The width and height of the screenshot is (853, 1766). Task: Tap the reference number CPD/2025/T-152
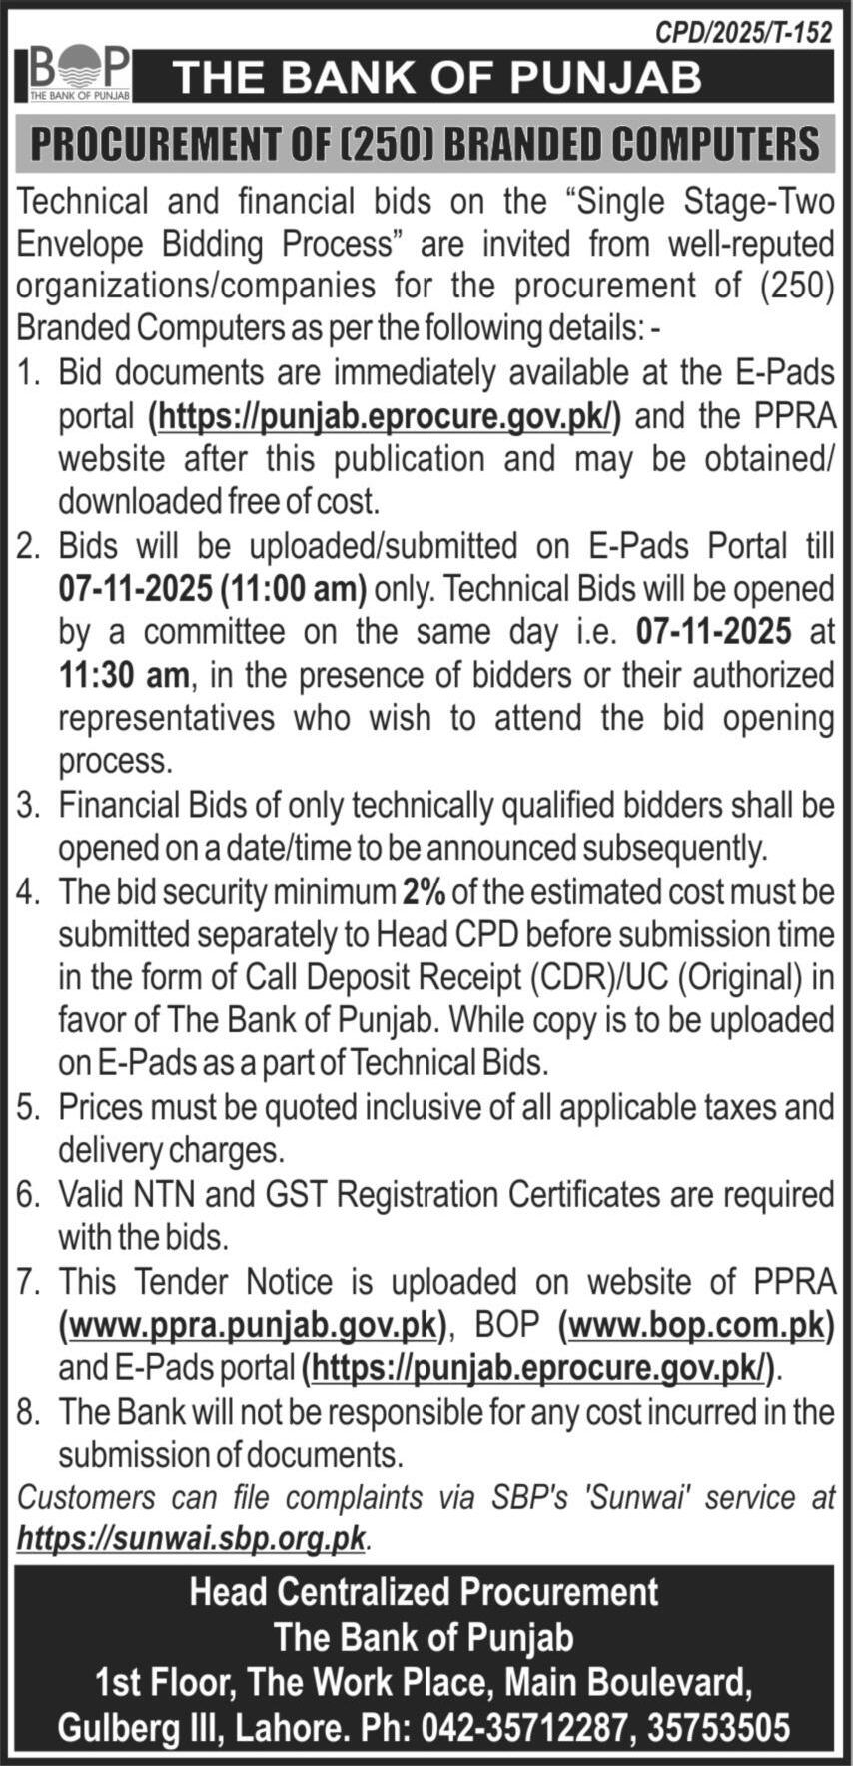[743, 33]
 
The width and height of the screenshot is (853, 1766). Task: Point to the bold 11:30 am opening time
[123, 675]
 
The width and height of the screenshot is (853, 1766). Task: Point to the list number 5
[28, 1107]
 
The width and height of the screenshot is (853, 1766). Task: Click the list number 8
[28, 1411]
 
